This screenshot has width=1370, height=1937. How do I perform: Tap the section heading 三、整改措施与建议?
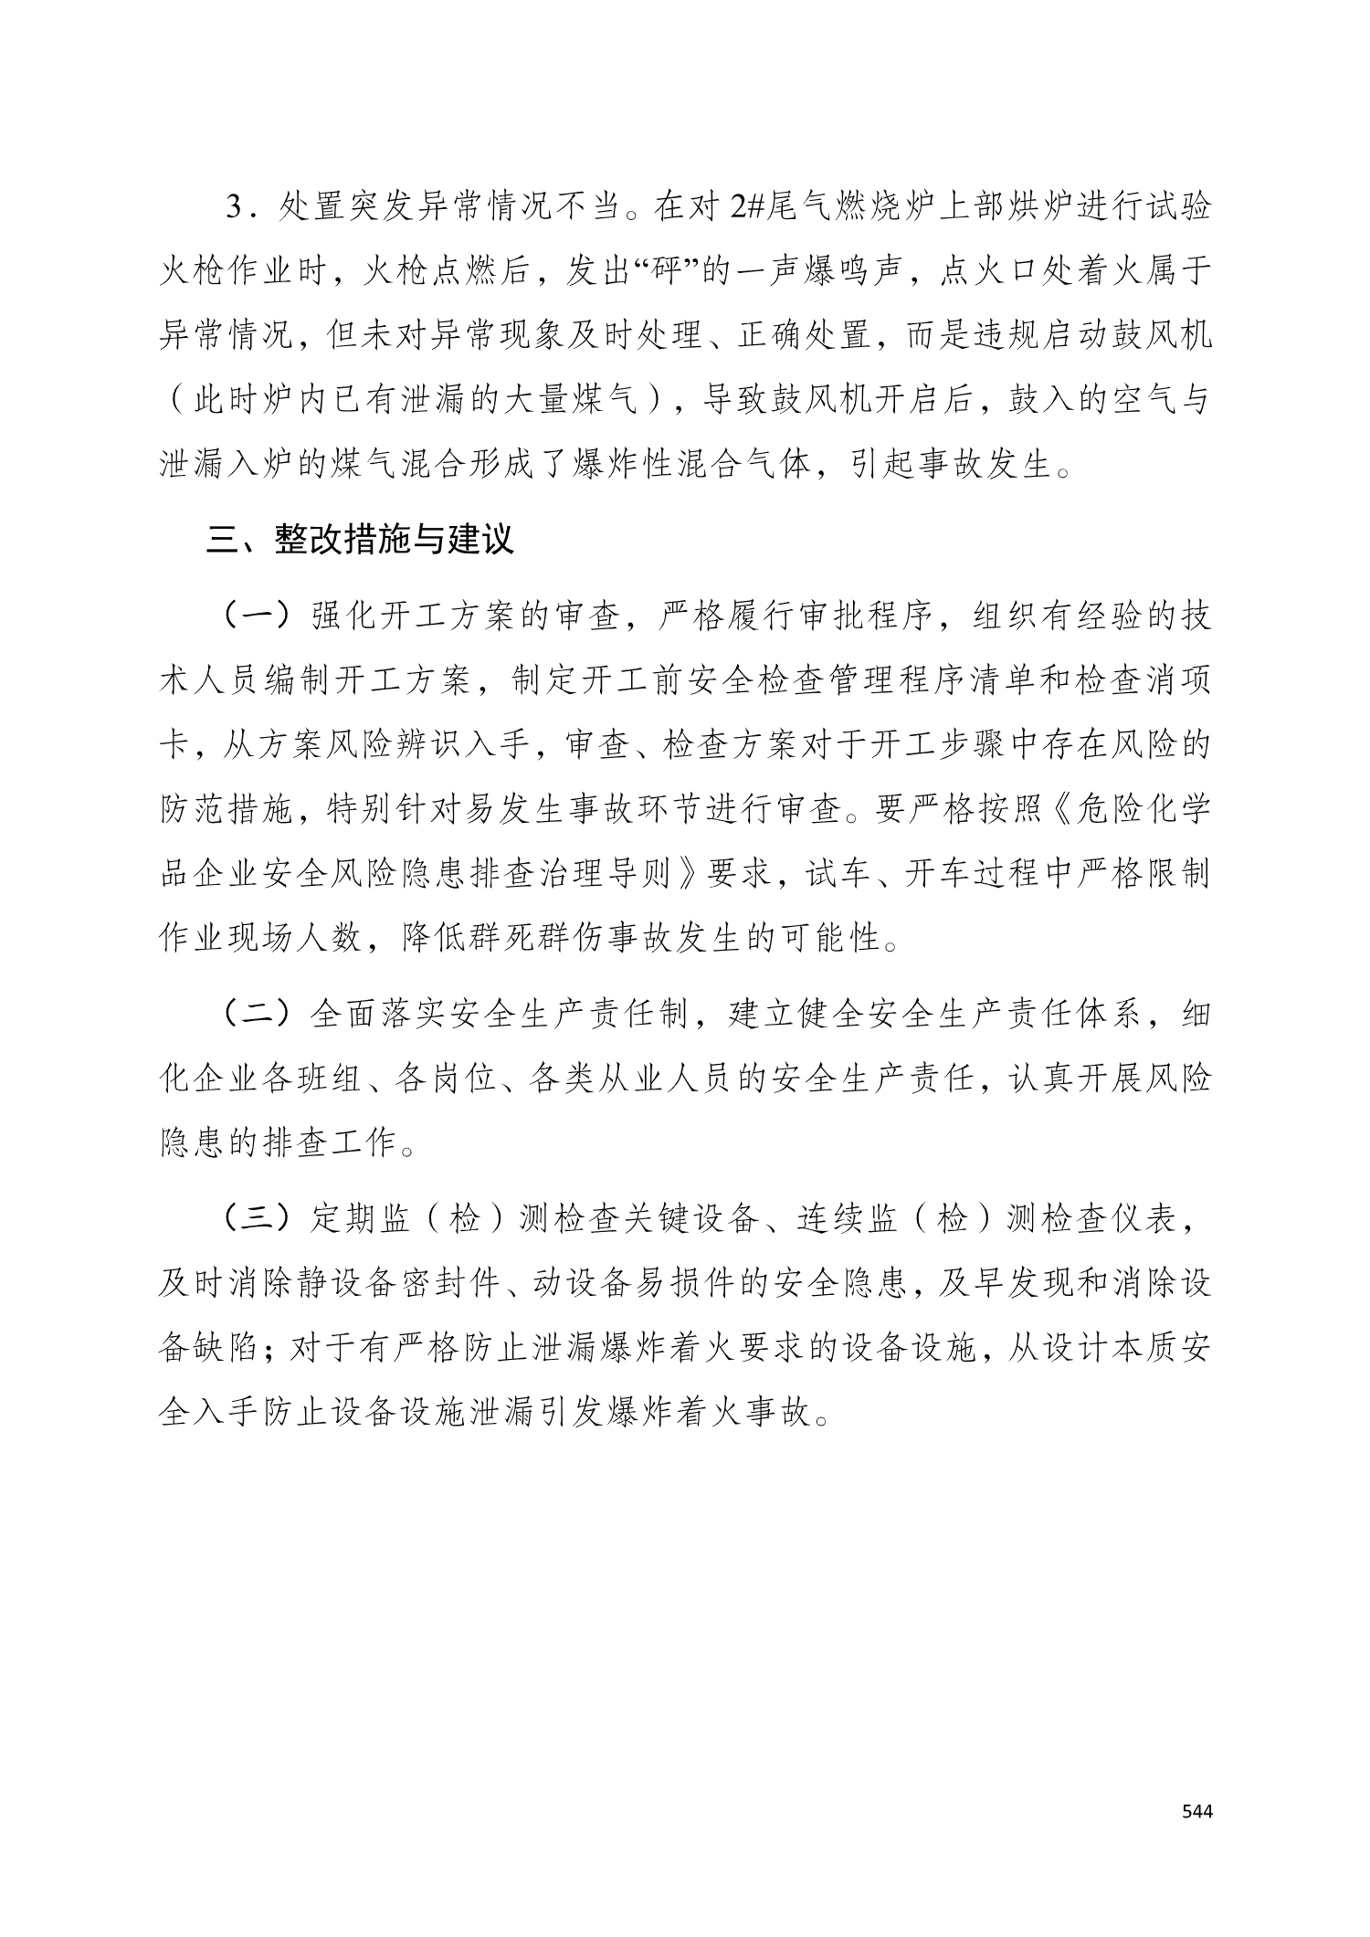[x=360, y=540]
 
